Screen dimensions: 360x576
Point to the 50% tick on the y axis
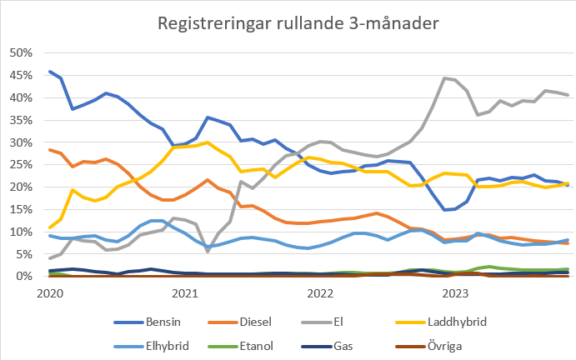[x=20, y=52]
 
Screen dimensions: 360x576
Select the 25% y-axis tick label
[x=20, y=164]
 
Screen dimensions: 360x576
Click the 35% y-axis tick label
[x=20, y=120]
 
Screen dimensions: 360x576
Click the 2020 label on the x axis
[x=50, y=293]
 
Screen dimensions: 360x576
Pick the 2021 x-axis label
[x=185, y=293]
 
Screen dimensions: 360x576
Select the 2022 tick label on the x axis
[x=320, y=293]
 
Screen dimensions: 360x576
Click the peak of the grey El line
[x=444, y=77]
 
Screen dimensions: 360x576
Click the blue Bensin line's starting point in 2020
[x=50, y=72]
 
